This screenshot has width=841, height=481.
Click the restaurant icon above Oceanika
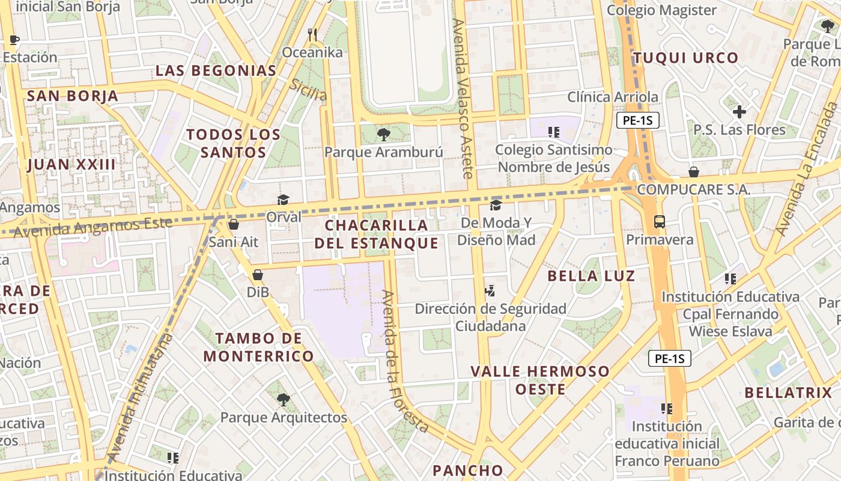click(312, 35)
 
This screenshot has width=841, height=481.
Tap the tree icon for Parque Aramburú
click(383, 135)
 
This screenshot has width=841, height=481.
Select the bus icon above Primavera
click(660, 221)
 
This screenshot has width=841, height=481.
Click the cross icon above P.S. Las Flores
click(739, 112)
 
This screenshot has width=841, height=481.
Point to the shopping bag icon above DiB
click(258, 275)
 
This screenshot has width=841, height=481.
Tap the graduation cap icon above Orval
click(283, 200)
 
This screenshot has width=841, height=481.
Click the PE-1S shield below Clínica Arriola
click(638, 120)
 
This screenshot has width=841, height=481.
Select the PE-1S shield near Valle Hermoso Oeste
click(670, 359)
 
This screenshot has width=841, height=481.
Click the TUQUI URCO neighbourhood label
click(685, 58)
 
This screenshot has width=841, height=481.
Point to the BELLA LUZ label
click(592, 276)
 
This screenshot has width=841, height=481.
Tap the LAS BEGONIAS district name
click(216, 70)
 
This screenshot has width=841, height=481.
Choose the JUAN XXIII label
click(71, 164)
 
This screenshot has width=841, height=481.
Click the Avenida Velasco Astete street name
click(463, 98)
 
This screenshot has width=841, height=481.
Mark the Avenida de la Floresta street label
click(406, 361)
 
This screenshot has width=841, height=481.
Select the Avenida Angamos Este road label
click(93, 227)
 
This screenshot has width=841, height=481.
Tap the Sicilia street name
click(308, 90)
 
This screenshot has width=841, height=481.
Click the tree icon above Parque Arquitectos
click(283, 399)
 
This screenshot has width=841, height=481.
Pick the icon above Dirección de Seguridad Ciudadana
click(490, 291)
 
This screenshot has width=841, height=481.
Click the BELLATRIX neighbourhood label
click(788, 393)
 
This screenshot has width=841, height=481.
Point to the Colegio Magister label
click(661, 10)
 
